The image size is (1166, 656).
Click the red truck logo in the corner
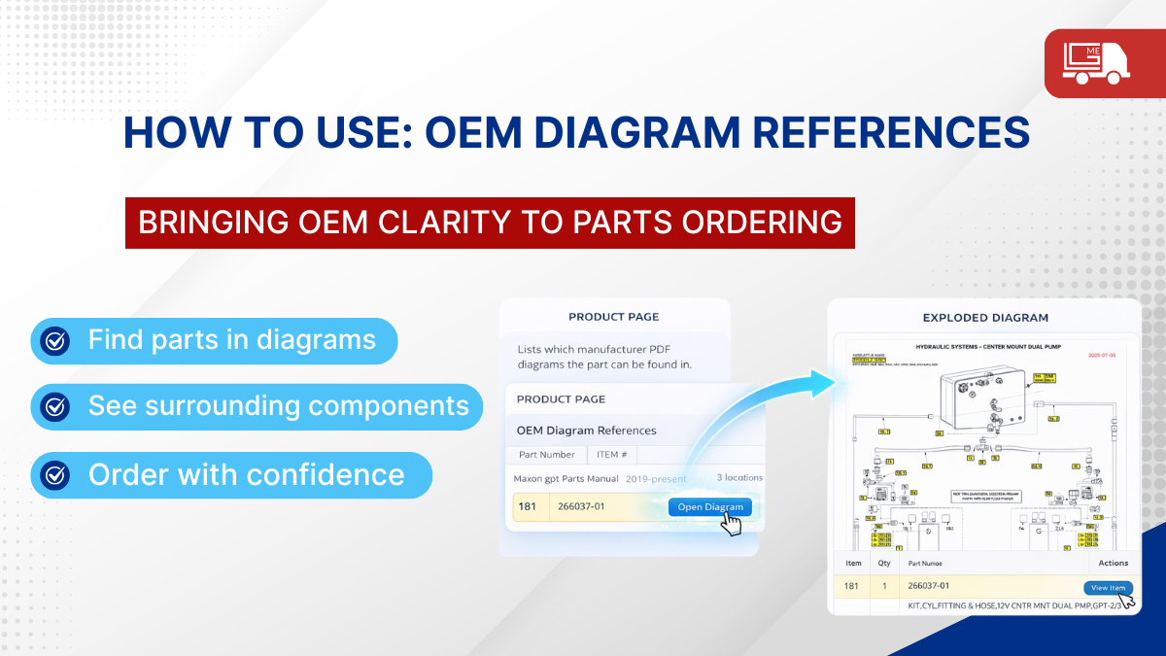pyautogui.click(x=1104, y=63)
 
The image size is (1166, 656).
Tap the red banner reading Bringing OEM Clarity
pyautogui.click(x=490, y=222)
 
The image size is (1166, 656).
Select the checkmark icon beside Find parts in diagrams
pyautogui.click(x=55, y=340)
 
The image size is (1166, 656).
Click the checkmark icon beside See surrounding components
pyautogui.click(x=55, y=406)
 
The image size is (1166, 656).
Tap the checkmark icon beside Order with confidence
pyautogui.click(x=55, y=475)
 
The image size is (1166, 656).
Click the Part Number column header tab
pyautogui.click(x=547, y=454)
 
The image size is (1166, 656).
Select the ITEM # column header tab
pyautogui.click(x=612, y=454)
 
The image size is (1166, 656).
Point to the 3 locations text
pyautogui.click(x=739, y=478)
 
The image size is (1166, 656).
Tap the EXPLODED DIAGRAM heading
pyautogui.click(x=985, y=318)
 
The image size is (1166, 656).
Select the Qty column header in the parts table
pyautogui.click(x=884, y=563)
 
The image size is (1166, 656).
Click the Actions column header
pyautogui.click(x=1113, y=563)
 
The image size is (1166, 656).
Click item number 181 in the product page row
pyautogui.click(x=528, y=506)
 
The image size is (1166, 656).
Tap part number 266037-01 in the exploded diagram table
pyautogui.click(x=928, y=586)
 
